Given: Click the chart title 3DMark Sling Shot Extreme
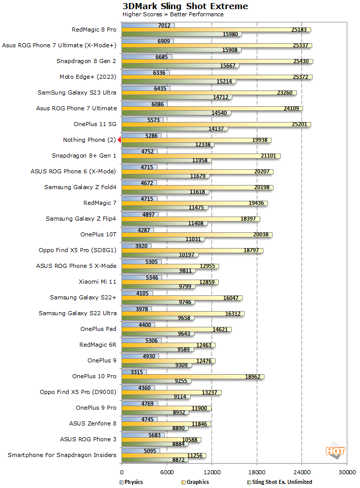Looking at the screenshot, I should pos(185,6).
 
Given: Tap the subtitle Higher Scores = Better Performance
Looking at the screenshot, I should pos(173,14).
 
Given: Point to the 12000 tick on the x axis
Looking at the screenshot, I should pos(212,472).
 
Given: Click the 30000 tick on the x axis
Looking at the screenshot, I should pos(347,472).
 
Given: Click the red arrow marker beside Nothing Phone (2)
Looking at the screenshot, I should pos(119,140).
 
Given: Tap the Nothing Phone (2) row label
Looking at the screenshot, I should pos(89,140).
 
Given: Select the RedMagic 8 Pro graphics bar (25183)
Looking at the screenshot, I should pos(216,29).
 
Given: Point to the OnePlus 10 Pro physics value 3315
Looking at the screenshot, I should pos(136,372).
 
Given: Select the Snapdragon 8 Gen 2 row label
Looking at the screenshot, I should pos(86,61).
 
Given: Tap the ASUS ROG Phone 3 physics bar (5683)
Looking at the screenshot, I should pos(142,435).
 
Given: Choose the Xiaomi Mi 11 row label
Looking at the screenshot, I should pos(98,282).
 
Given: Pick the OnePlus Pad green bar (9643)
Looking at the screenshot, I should pos(158,334).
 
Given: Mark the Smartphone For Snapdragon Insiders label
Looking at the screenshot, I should pos(62,455).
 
